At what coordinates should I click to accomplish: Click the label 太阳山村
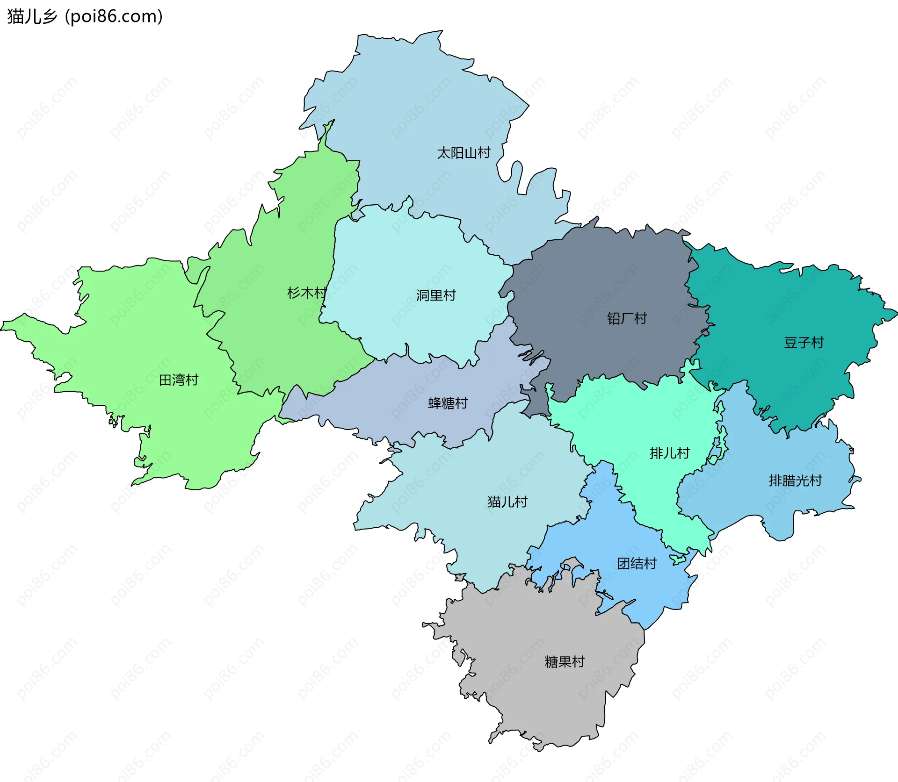tap(463, 153)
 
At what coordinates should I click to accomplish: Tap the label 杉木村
tap(306, 293)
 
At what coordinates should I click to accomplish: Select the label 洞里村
tap(435, 295)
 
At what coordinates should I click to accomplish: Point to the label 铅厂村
tap(627, 319)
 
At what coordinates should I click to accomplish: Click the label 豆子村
tap(804, 343)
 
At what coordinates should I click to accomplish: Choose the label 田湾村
tap(179, 380)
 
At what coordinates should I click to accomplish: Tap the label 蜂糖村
tap(448, 403)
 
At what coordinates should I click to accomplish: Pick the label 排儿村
tap(669, 453)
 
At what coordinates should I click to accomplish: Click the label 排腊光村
tap(795, 481)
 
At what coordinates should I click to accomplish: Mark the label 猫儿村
tap(507, 502)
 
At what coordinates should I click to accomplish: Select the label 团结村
tap(637, 564)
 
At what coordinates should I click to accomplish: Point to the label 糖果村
tap(565, 662)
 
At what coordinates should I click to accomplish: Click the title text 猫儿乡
tap(32, 17)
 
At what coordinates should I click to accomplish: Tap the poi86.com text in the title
tap(114, 17)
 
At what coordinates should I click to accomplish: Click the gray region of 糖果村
tap(538, 701)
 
